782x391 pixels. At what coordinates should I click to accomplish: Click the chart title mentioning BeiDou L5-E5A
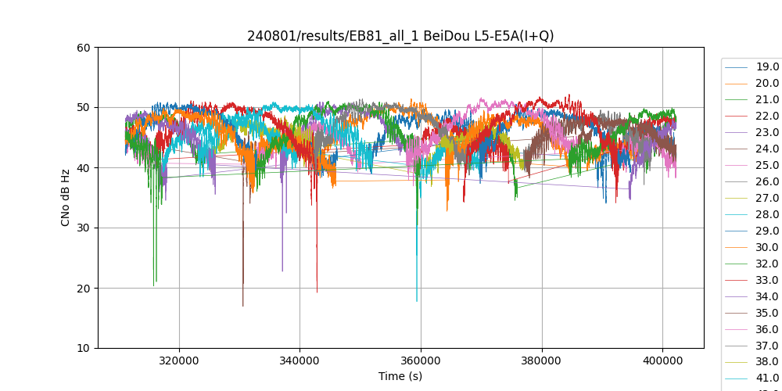point(400,36)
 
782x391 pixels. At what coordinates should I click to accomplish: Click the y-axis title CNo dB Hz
point(66,198)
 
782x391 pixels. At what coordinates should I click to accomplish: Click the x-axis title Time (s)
point(400,376)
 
